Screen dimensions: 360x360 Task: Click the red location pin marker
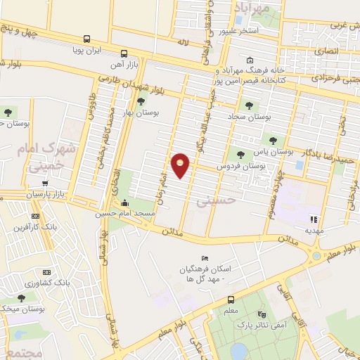pos(181,165)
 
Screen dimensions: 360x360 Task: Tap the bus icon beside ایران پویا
pos(86,39)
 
